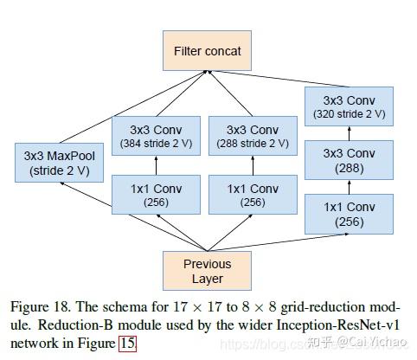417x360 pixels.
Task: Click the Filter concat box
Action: pos(207,51)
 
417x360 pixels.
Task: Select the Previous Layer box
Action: pos(207,270)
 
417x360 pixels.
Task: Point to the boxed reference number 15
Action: pos(126,344)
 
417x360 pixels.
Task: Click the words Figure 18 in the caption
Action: pos(38,307)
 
